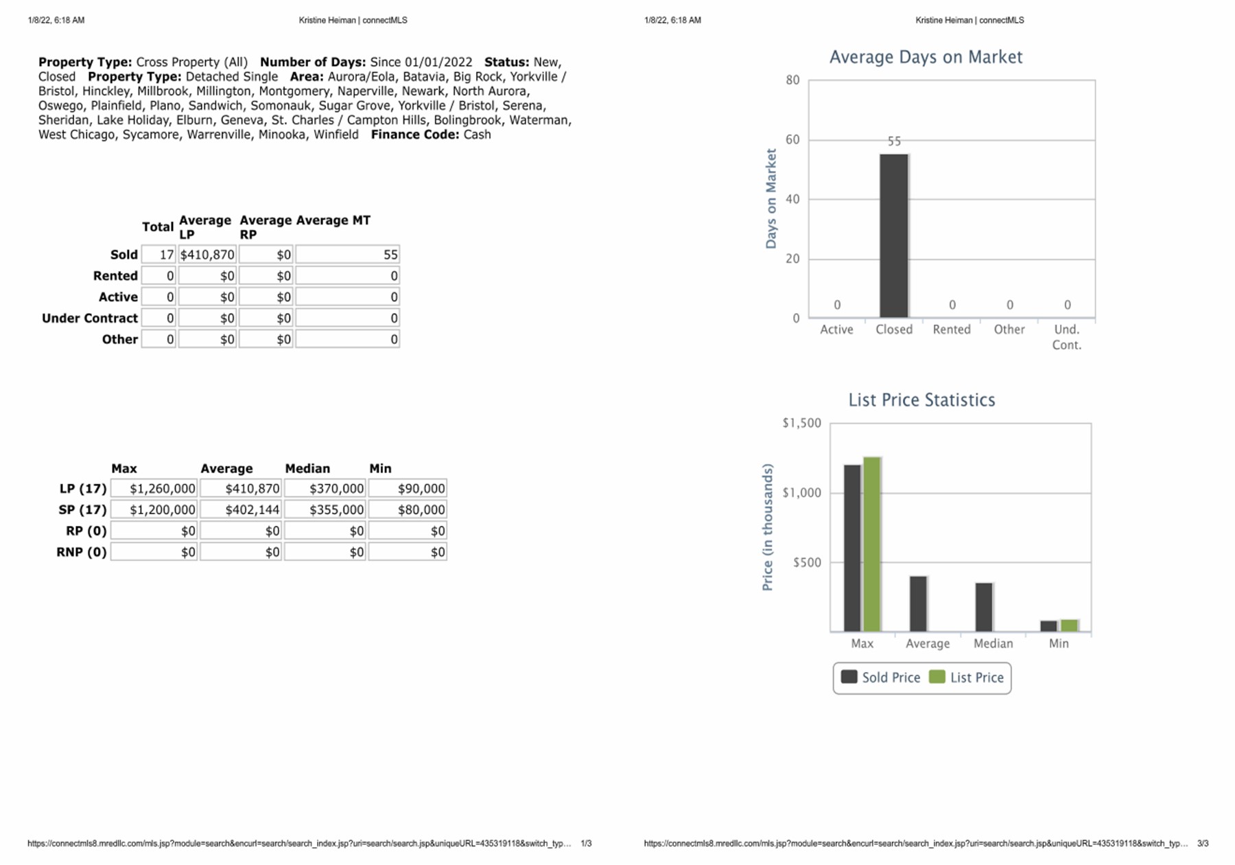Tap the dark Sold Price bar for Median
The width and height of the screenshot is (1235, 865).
[984, 607]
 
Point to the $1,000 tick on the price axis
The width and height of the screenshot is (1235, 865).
[802, 493]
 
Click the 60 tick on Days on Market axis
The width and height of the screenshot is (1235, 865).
[793, 140]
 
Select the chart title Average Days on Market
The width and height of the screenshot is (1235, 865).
[926, 57]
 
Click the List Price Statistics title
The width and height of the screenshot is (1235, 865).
[921, 400]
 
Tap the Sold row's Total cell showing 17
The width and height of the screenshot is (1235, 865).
[159, 255]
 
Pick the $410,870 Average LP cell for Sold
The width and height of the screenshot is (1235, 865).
[207, 255]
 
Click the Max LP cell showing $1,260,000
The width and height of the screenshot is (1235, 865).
[154, 489]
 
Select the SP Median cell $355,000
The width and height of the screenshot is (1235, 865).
[325, 510]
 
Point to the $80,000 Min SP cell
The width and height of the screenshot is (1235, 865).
[408, 510]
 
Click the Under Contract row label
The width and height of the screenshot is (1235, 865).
[90, 319]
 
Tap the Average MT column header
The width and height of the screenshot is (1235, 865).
[333, 220]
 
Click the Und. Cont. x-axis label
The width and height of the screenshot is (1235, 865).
[1066, 337]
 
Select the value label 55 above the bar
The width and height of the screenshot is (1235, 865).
[894, 141]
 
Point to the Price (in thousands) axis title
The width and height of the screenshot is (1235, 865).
[768, 527]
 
